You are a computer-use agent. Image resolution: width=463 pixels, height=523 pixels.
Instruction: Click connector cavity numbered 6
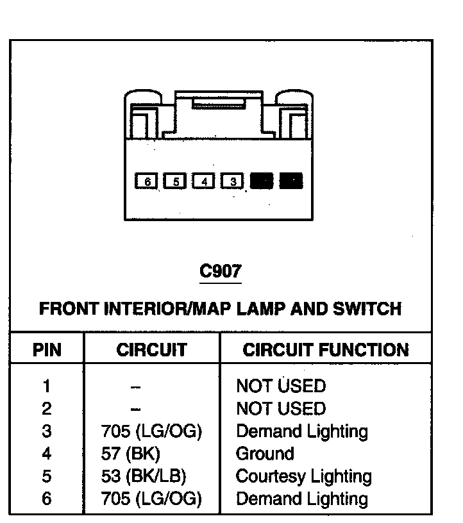pos(147,181)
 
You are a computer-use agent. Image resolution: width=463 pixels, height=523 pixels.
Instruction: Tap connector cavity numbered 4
pos(204,181)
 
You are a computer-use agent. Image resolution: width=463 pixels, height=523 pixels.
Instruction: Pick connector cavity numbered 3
pos(233,181)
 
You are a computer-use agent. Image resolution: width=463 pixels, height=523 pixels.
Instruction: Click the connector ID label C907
pos(221,271)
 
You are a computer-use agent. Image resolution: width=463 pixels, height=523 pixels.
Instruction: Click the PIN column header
pos(47,350)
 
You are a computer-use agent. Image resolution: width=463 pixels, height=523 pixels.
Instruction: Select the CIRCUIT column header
pos(151,350)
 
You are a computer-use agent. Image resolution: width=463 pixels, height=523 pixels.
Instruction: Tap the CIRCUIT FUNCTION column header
pos(326,350)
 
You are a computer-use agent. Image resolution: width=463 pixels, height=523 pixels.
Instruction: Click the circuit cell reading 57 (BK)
pos(130,454)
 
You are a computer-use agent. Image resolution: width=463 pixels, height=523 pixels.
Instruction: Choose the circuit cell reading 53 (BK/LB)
pos(142,476)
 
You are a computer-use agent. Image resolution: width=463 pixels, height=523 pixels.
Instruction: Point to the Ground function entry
pos(265,454)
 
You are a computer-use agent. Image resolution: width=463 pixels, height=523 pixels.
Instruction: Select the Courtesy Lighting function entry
pos(303,476)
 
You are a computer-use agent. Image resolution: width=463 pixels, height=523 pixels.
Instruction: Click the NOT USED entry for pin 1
pos(281,386)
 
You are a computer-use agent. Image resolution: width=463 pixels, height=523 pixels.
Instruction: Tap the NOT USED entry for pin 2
pos(281,408)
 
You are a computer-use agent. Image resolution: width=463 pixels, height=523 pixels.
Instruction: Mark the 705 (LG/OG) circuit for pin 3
pos(151,431)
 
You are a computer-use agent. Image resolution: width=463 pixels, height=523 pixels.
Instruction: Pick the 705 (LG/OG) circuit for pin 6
pos(151,499)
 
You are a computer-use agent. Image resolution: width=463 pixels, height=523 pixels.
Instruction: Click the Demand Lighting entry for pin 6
pos(302,499)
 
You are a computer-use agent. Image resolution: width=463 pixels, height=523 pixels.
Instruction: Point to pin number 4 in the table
pos(47,454)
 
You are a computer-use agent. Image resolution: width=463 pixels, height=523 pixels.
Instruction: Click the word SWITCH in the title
pos(367,308)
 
